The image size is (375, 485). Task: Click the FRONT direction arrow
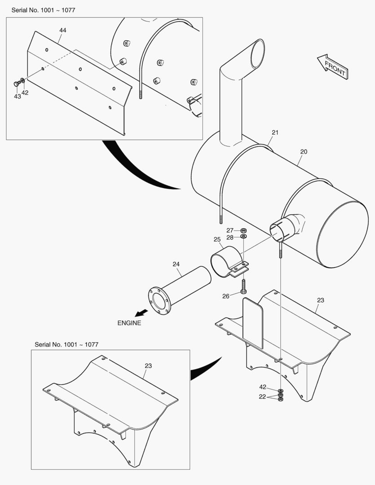pyautogui.click(x=332, y=67)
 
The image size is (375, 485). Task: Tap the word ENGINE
pyautogui.click(x=129, y=323)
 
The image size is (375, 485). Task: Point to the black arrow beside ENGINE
pyautogui.click(x=142, y=313)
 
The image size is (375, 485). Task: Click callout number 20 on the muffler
pyautogui.click(x=304, y=152)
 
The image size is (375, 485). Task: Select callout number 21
pyautogui.click(x=275, y=132)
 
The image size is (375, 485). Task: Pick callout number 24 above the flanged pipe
pyautogui.click(x=176, y=264)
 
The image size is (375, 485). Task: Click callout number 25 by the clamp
pyautogui.click(x=217, y=239)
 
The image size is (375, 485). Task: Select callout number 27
pyautogui.click(x=230, y=230)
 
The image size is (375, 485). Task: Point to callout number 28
pyautogui.click(x=230, y=237)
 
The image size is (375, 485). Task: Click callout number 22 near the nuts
pyautogui.click(x=263, y=397)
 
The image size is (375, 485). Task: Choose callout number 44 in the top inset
pyautogui.click(x=63, y=30)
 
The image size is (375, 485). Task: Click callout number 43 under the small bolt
pyautogui.click(x=17, y=96)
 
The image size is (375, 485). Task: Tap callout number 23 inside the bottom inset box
pyautogui.click(x=148, y=366)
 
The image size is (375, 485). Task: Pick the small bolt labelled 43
pyautogui.click(x=17, y=84)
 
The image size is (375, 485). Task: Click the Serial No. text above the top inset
pyautogui.click(x=43, y=10)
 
